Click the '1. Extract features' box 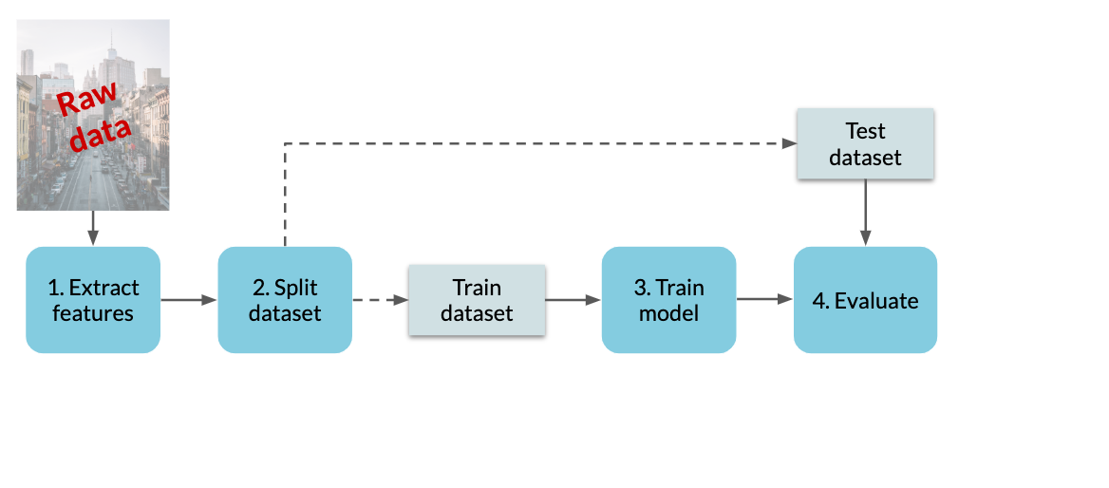[93, 300]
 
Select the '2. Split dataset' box [285, 300]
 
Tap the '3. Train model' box [669, 300]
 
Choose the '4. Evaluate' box [865, 300]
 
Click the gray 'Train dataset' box [477, 300]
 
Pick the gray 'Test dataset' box [865, 143]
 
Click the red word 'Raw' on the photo [86, 100]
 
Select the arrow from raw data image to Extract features [93, 229]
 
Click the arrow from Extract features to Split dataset [189, 300]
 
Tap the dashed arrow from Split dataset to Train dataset [381, 300]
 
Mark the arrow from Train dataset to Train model [573, 300]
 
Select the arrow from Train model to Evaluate [764, 299]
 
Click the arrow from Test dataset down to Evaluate [865, 212]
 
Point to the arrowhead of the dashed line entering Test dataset [789, 143]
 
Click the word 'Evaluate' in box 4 [876, 301]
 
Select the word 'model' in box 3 [669, 312]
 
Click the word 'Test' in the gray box [866, 132]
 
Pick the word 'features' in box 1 [93, 312]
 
